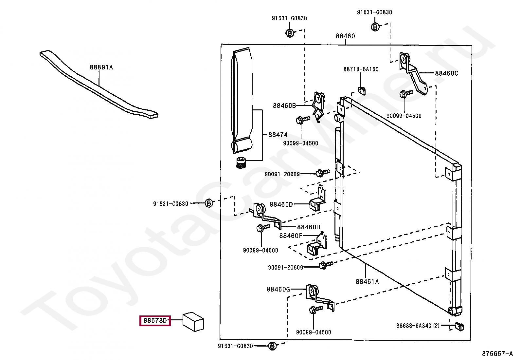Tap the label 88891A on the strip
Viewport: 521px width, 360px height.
101,67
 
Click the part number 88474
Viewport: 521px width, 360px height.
278,135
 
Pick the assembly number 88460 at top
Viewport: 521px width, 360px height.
345,36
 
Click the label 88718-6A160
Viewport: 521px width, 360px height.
361,69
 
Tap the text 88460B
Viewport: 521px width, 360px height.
284,105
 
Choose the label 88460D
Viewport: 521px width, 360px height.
281,204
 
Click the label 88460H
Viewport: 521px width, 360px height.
309,227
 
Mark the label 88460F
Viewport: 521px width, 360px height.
290,236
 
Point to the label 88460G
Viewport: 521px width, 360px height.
278,289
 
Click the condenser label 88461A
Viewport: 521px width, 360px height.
367,281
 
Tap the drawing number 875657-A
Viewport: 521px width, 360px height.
497,354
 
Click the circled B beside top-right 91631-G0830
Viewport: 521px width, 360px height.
375,27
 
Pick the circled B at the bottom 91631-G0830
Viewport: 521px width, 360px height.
272,346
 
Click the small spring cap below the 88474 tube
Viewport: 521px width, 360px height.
241,162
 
